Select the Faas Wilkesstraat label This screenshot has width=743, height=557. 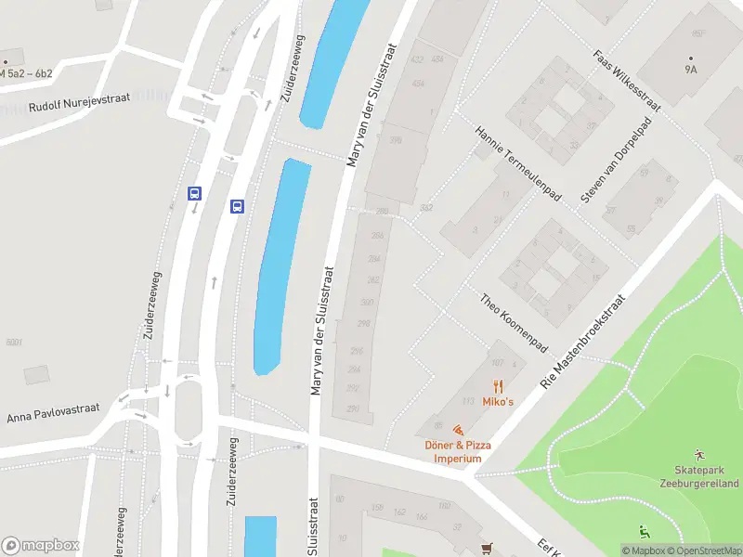click(x=627, y=80)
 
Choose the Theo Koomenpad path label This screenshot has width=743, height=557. click(x=514, y=322)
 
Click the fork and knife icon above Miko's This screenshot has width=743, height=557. click(x=498, y=386)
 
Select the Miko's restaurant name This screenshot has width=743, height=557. click(x=498, y=402)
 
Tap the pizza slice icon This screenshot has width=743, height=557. click(x=457, y=431)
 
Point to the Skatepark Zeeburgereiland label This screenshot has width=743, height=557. click(x=707, y=477)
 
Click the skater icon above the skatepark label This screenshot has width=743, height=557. click(x=698, y=455)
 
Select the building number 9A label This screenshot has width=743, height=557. click(x=691, y=68)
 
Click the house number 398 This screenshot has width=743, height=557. click(x=396, y=141)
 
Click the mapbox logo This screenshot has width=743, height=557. click(x=40, y=546)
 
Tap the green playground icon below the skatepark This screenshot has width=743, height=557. click(x=644, y=532)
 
